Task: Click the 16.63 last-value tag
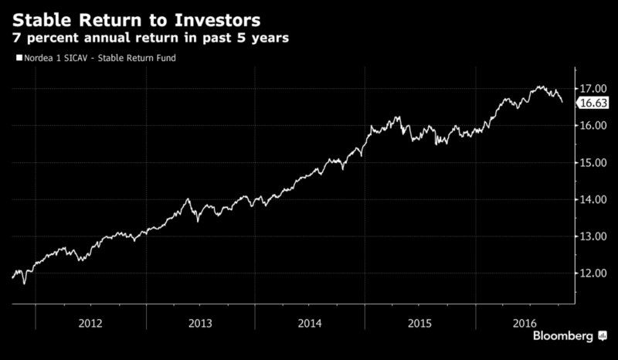[x=595, y=103]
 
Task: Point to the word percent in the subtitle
[x=54, y=37]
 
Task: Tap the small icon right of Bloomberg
[x=601, y=337]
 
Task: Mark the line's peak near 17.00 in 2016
[x=540, y=87]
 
